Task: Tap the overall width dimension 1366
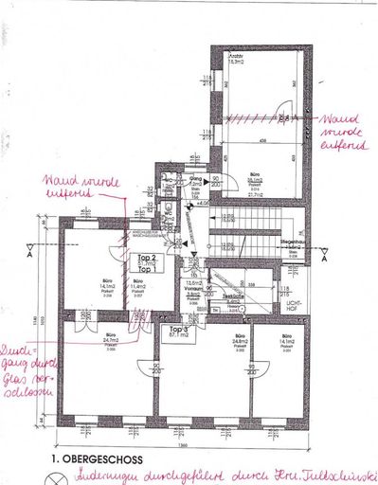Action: pyautogui.click(x=186, y=445)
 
